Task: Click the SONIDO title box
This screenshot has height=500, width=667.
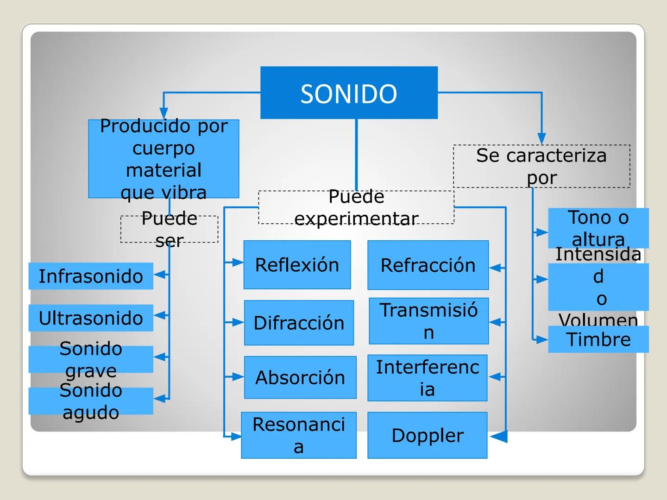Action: (349, 93)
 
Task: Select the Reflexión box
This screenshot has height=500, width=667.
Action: (297, 265)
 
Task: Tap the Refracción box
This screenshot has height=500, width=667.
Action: (428, 265)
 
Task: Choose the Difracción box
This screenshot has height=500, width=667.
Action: (299, 323)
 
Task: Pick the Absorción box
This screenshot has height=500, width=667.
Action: (300, 377)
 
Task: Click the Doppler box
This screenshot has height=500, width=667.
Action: (427, 435)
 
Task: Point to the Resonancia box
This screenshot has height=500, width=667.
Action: (299, 435)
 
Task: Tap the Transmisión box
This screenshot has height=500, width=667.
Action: (428, 321)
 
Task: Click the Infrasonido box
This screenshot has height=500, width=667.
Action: (91, 276)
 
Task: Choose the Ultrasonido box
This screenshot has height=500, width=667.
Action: (91, 318)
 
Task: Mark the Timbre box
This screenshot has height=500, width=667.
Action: (598, 339)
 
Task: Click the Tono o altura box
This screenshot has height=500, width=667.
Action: (598, 228)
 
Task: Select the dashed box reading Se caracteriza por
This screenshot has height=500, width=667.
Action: (541, 166)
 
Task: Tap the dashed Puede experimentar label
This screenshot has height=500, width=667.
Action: (356, 207)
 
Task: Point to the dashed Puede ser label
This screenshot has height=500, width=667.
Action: (169, 229)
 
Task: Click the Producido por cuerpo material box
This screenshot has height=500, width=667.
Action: (164, 159)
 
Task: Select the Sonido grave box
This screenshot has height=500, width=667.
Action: (91, 359)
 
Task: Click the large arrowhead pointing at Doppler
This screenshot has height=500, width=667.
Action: (499, 436)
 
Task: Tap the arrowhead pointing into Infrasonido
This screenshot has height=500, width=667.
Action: (160, 275)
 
